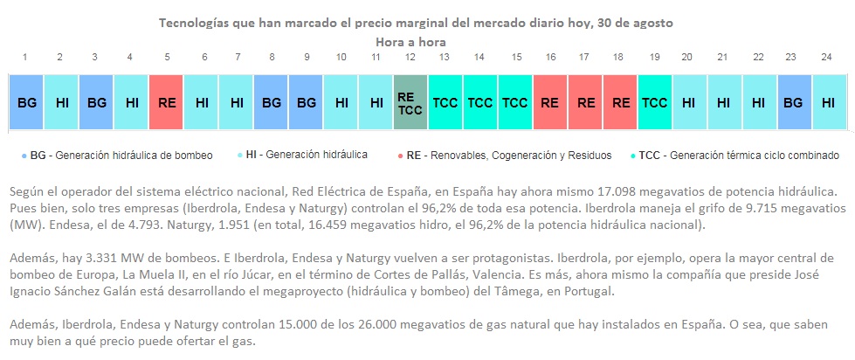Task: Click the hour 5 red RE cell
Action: click(166, 102)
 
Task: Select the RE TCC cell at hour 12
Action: click(410, 102)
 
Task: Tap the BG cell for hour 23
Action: click(793, 102)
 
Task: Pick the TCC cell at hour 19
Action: click(654, 102)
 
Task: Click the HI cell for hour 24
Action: click(828, 102)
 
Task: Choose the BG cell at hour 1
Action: click(26, 102)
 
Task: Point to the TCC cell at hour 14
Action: click(479, 102)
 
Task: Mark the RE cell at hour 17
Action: click(584, 102)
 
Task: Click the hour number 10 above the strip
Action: click(341, 57)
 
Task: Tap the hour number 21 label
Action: click(722, 57)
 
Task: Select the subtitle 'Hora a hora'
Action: click(410, 41)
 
